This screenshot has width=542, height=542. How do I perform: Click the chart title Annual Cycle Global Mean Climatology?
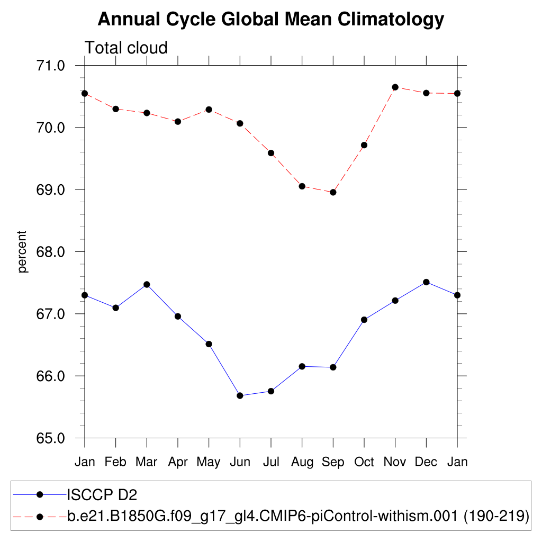270,20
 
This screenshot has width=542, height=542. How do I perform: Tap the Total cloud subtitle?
126,48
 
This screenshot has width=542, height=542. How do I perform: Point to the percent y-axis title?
22,251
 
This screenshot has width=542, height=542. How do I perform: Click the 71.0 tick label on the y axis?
50,66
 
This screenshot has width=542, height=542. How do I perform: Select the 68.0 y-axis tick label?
50,252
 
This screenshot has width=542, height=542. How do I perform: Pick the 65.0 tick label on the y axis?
50,438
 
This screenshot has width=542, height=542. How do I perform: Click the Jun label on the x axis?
240,462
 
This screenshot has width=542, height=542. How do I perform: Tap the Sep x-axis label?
333,462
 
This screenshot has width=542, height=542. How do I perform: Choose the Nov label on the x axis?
395,462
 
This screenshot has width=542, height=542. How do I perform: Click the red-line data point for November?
395,87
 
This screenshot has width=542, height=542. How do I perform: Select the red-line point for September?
333,192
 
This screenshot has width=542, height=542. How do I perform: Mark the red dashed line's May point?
209,110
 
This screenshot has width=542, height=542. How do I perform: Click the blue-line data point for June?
240,395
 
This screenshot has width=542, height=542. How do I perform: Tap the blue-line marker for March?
147,284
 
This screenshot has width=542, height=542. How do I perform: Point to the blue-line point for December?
426,282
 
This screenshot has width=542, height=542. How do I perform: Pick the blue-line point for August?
302,366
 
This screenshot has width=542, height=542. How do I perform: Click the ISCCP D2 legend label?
102,495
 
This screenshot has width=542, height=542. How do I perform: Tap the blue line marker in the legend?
39,495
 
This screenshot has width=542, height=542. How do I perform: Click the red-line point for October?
364,145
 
